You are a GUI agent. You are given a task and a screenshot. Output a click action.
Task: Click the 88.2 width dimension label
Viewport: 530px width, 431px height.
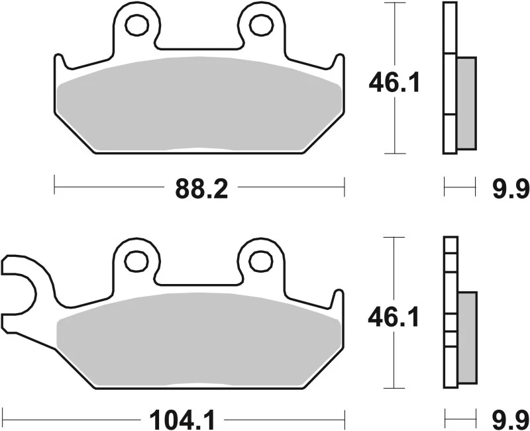201,189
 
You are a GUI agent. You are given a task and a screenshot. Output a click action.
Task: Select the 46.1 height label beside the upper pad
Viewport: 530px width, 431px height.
394,84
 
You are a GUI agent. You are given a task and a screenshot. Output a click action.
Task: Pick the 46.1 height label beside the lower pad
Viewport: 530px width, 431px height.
394,319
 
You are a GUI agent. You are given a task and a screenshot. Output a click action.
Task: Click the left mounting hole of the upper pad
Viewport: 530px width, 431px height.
138,24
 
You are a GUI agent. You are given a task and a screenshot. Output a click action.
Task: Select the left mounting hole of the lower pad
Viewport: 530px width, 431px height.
138,260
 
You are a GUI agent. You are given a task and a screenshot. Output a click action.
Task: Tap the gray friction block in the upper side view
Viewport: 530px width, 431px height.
466,103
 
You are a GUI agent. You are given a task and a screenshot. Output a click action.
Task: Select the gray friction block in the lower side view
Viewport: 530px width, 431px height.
467,338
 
